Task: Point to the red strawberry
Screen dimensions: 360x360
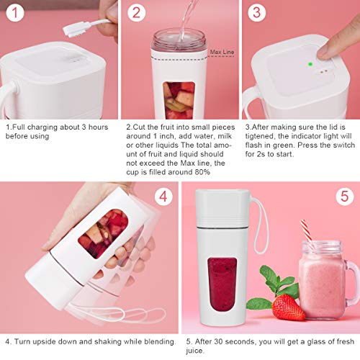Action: [288, 307]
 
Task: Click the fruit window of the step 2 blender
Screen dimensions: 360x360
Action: [178, 99]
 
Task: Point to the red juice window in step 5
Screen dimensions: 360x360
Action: [221, 278]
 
